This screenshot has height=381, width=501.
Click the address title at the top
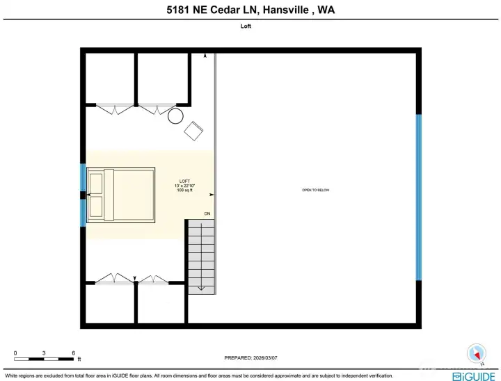[250, 10]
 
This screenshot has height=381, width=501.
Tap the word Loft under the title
[250, 27]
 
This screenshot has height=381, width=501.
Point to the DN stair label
[207, 213]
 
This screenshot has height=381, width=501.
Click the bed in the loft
[120, 194]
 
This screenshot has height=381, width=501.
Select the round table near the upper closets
[175, 115]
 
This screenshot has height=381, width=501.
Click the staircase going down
[200, 255]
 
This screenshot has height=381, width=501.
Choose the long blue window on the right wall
[418, 197]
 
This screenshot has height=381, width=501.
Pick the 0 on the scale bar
[15, 352]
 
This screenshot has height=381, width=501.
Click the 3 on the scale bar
[44, 352]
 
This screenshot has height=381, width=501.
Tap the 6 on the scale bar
[73, 352]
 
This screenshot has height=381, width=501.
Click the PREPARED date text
[250, 357]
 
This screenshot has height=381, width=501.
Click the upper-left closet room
[110, 78]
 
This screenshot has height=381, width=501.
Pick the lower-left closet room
[109, 304]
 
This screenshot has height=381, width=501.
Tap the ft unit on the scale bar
[79, 359]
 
